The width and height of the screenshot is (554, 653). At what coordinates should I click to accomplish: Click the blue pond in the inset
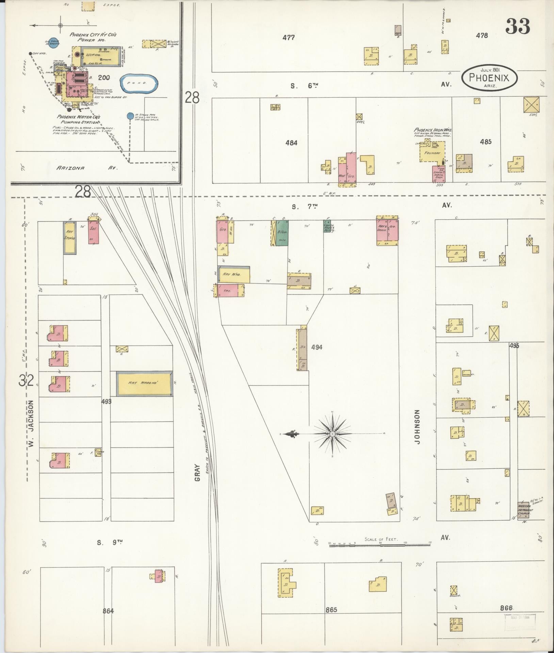pyautogui.click(x=140, y=83)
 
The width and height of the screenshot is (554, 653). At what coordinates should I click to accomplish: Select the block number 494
pyautogui.click(x=316, y=347)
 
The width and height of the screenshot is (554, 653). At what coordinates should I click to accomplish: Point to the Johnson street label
pyautogui.click(x=418, y=427)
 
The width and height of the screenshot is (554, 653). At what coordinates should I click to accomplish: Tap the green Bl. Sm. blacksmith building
pyautogui.click(x=282, y=233)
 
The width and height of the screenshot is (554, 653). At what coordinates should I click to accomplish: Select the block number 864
pyautogui.click(x=108, y=611)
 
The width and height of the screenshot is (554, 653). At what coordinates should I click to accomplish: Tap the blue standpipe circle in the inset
pyautogui.click(x=130, y=116)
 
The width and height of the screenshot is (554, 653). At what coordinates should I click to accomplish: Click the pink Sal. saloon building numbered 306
pyautogui.click(x=94, y=232)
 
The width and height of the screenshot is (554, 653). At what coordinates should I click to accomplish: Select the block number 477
pyautogui.click(x=288, y=37)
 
